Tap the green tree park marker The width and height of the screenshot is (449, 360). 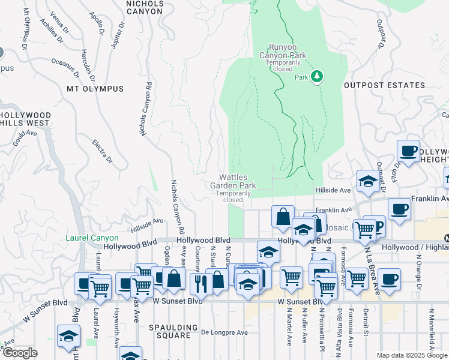click(317, 77)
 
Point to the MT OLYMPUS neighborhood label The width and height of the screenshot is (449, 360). click(95, 89)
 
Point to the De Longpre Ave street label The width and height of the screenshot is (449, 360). click(224, 332)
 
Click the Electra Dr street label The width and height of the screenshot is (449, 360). click(102, 151)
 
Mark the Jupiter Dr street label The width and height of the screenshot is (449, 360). click(118, 35)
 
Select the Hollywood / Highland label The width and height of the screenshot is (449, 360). click(415, 247)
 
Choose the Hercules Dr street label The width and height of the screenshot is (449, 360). click(88, 65)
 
